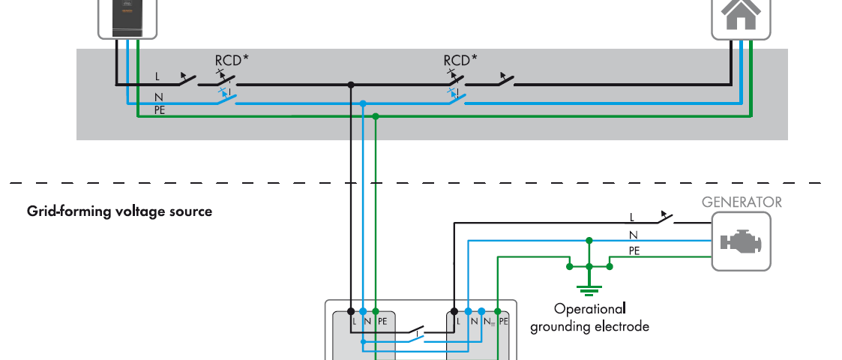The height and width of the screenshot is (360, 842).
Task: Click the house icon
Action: pyautogui.click(x=741, y=13)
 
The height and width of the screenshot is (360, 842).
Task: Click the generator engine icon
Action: pyautogui.click(x=741, y=241)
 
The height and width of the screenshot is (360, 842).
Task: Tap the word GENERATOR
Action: pyautogui.click(x=741, y=202)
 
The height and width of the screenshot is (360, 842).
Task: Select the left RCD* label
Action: pyautogui.click(x=232, y=60)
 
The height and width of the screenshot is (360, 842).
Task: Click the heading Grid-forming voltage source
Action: pyautogui.click(x=119, y=211)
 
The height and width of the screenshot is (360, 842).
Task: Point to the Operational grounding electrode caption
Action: pyautogui.click(x=589, y=317)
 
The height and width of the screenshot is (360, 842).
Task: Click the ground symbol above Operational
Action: pyautogui.click(x=589, y=286)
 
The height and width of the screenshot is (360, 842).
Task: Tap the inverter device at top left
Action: pyautogui.click(x=127, y=16)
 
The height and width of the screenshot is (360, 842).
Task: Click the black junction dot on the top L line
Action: pyautogui.click(x=350, y=85)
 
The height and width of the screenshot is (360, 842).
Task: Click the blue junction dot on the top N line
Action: pyautogui.click(x=363, y=103)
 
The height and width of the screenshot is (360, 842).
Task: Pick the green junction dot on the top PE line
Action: pyautogui.click(x=376, y=116)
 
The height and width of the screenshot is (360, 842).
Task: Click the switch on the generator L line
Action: pyautogui.click(x=664, y=218)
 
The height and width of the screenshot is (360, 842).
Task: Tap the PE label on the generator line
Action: pyautogui.click(x=634, y=251)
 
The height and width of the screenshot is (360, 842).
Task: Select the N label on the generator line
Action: pyautogui.click(x=632, y=235)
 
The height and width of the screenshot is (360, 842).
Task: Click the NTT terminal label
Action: pyautogui.click(x=488, y=322)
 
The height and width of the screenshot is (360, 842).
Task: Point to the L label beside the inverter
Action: pyautogui.click(x=157, y=76)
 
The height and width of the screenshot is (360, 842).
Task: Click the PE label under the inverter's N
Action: pyautogui.click(x=160, y=109)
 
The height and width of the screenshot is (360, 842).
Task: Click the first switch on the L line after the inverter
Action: pyautogui.click(x=186, y=79)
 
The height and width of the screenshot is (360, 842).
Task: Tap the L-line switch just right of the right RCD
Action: pyautogui.click(x=504, y=79)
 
